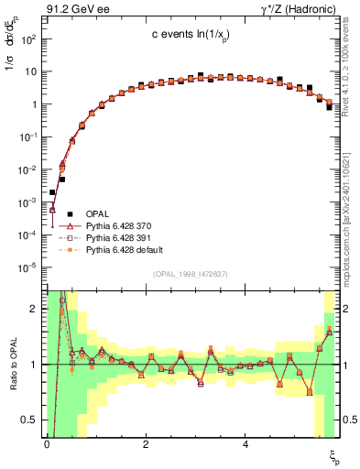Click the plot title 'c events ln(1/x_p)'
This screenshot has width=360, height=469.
tap(189, 34)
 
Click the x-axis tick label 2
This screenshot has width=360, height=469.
tap(146, 442)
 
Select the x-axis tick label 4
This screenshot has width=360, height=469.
tap(245, 442)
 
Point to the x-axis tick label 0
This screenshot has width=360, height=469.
tap(47, 442)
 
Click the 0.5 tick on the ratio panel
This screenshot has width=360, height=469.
tap(33, 420)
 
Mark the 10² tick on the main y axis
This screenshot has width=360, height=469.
tap(31, 39)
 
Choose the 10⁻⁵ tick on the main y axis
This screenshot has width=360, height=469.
tap(31, 267)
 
